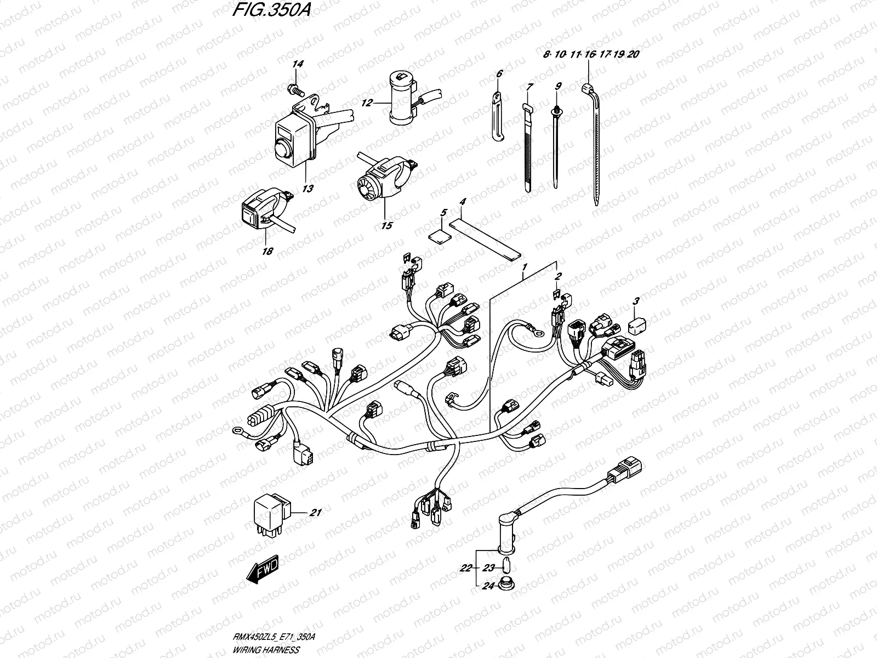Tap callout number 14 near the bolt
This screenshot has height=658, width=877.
pos(297,65)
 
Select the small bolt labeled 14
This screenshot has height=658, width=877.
pos(294,88)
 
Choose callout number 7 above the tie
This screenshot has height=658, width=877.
pos(529,87)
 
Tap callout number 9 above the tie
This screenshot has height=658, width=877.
pos(558,86)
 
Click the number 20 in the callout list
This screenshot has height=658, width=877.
pos(633,54)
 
